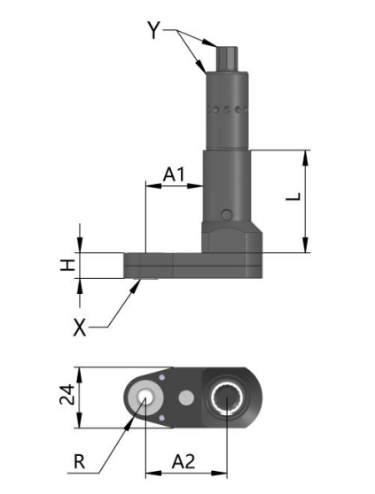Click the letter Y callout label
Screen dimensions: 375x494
154,30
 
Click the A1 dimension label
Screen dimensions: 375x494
174,174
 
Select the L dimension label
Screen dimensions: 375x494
293,197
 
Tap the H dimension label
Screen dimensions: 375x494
67,266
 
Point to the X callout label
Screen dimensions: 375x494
80,327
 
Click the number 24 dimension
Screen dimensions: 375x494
66,394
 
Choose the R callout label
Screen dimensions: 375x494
79,461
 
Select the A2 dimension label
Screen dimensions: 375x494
184,462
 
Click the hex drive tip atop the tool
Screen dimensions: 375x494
227,58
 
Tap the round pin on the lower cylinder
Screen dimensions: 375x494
227,214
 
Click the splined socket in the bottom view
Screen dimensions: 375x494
227,398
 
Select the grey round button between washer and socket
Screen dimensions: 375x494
186,398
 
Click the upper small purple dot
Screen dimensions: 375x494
162,377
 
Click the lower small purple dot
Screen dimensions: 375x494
162,418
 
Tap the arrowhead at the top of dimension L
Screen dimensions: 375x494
305,158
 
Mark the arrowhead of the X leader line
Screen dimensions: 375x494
137,286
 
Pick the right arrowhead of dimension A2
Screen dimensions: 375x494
219,474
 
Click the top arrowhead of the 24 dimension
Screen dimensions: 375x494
80,375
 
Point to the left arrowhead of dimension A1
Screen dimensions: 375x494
153,186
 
